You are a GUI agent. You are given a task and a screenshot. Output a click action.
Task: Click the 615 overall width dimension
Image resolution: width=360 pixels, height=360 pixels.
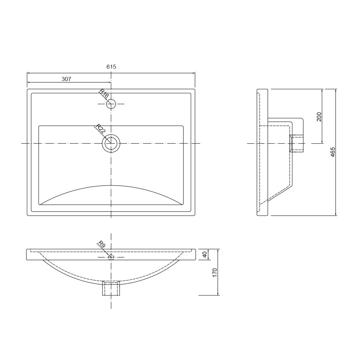pyautogui.click(x=111, y=67)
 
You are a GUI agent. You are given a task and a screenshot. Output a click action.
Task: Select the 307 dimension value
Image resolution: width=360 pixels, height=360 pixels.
pyautogui.click(x=66, y=79)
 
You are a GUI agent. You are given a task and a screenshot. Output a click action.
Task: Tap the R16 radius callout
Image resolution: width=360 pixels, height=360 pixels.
pyautogui.click(x=104, y=94)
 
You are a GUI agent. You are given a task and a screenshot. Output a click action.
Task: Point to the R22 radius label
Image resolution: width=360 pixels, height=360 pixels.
pyautogui.click(x=101, y=129)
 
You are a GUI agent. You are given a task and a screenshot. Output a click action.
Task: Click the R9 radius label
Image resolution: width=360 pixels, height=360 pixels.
pyautogui.click(x=102, y=244)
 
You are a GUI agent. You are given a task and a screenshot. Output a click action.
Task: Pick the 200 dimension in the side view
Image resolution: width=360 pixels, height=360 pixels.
pyautogui.click(x=319, y=117)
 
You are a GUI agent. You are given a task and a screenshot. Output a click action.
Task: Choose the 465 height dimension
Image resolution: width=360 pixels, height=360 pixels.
pyautogui.click(x=333, y=152)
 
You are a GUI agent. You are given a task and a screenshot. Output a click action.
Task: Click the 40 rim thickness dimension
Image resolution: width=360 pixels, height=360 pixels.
pyautogui.click(x=205, y=254)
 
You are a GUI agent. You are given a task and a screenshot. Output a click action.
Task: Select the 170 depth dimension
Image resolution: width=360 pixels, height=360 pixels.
pyautogui.click(x=215, y=272)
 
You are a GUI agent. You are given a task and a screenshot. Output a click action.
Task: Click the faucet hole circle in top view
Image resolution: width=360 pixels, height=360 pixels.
pyautogui.click(x=111, y=104)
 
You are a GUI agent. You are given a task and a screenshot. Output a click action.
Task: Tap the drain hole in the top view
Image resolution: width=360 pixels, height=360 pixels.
pyautogui.click(x=111, y=143)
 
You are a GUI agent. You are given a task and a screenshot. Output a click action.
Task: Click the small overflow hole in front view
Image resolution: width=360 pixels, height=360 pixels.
pyautogui.click(x=111, y=257)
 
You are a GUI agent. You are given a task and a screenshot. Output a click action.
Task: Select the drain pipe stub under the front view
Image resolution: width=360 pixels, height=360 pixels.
pyautogui.click(x=111, y=289)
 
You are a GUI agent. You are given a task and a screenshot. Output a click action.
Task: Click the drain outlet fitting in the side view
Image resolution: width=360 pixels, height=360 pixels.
pyautogui.click(x=297, y=143)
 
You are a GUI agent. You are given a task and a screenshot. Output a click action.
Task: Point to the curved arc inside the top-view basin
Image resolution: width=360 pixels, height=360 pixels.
pyautogui.click(x=111, y=186)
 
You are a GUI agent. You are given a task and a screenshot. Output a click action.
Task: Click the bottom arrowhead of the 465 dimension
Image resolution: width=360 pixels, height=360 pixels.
pyautogui.click(x=336, y=214)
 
